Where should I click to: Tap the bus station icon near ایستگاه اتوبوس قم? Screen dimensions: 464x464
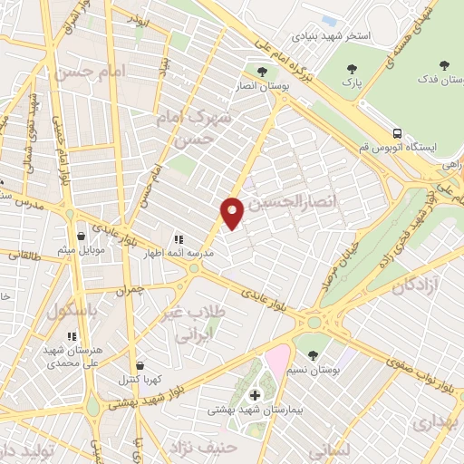point(397,132)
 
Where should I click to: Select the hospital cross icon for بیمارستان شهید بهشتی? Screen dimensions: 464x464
point(255,395)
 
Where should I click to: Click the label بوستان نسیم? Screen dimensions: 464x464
point(314,371)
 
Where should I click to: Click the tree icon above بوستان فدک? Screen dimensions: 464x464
point(443,64)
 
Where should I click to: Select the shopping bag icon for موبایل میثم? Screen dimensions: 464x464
point(82,236)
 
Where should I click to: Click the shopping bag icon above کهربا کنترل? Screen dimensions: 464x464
point(139,366)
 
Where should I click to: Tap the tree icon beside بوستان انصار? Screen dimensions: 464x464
point(263,72)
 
